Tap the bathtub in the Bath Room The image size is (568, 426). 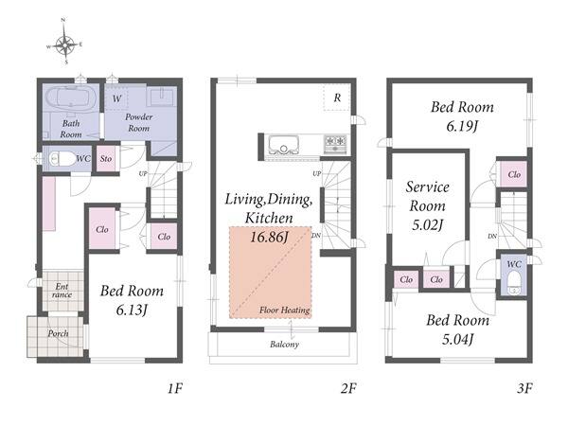(x=71, y=98)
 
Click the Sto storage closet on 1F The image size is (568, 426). (x=106, y=159)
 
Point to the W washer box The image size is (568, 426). (x=116, y=98)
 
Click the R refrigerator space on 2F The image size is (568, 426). (x=337, y=98)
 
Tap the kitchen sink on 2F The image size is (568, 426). (x=284, y=145)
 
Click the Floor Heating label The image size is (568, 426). (x=284, y=311)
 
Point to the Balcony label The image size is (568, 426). (x=284, y=345)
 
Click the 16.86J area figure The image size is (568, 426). (x=270, y=238)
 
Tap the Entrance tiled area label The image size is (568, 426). (x=62, y=291)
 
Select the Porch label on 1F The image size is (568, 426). (x=58, y=333)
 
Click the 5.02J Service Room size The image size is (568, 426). (x=428, y=225)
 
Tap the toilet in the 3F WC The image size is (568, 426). (x=514, y=283)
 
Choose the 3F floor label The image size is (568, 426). (x=524, y=389)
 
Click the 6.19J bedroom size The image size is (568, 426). (x=462, y=127)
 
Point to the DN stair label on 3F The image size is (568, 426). (x=492, y=236)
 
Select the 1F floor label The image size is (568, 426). (x=174, y=389)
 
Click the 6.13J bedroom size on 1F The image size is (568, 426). (x=132, y=311)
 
